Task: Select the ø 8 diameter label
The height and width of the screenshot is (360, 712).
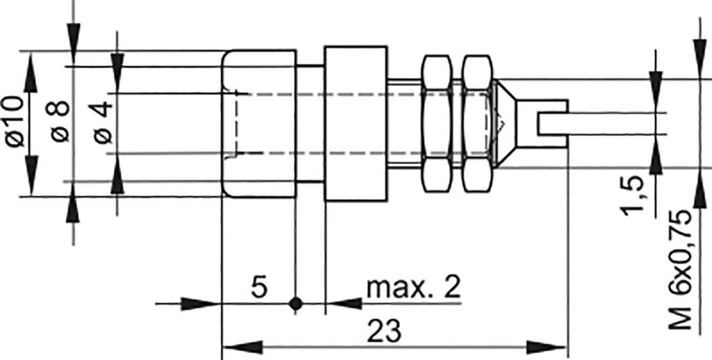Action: (60, 122)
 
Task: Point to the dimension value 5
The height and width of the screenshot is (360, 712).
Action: (259, 287)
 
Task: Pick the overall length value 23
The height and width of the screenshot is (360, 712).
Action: (386, 332)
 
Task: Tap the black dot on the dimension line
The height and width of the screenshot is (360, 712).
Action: (296, 303)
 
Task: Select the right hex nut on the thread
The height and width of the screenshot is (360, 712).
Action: (477, 124)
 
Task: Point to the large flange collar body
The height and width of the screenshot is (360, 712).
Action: (355, 124)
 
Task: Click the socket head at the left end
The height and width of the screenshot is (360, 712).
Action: (259, 124)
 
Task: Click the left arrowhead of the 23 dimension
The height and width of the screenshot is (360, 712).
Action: (240, 346)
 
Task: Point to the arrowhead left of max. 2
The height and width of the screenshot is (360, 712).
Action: (345, 303)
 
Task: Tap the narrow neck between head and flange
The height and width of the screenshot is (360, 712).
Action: (310, 124)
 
